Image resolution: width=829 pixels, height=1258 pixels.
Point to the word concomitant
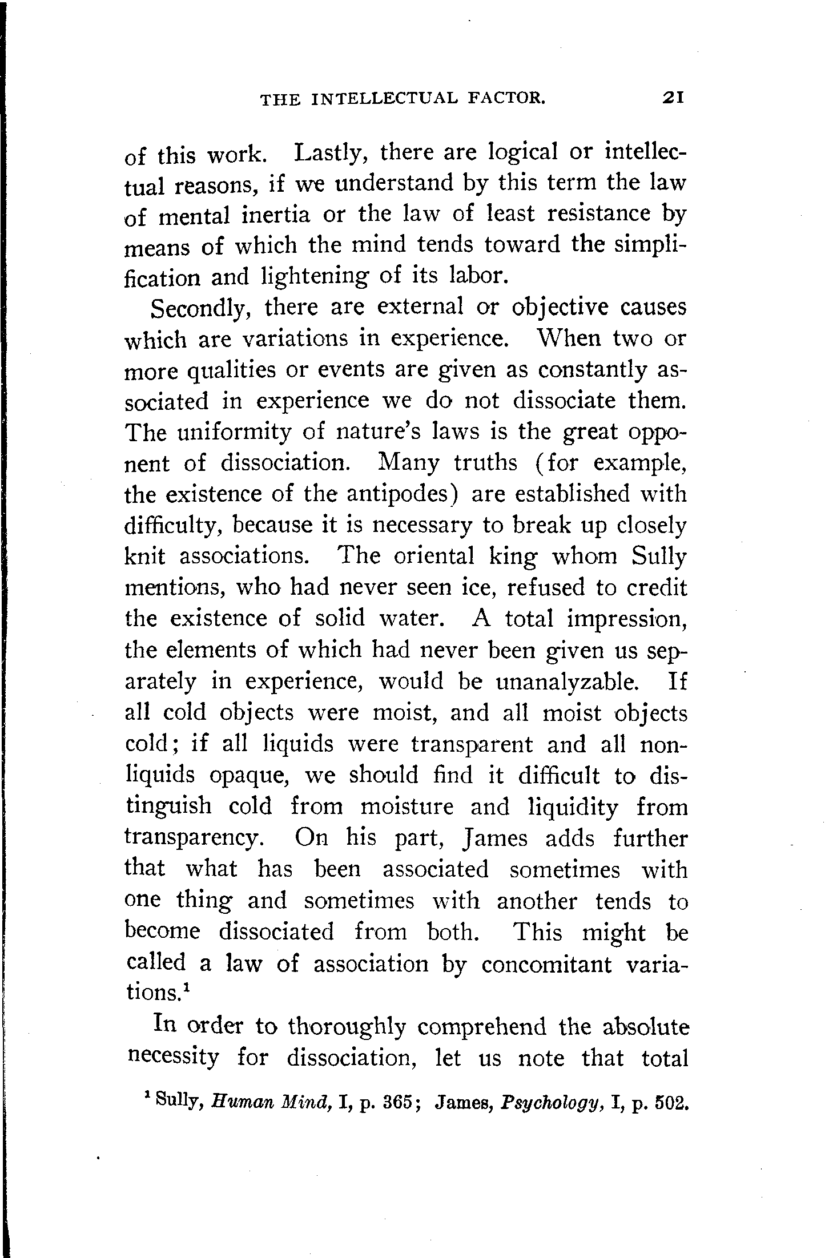click(546, 964)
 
